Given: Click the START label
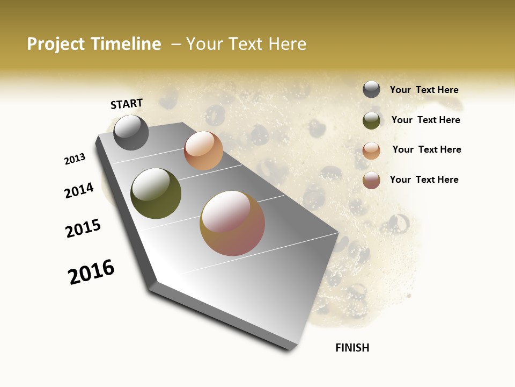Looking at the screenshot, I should [x=127, y=104].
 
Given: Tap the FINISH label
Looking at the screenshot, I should [x=352, y=348].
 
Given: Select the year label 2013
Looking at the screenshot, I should [x=75, y=159].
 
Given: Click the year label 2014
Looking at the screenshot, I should [x=79, y=191].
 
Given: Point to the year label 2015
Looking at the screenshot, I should [x=83, y=229].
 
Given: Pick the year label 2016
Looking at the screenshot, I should [x=91, y=272].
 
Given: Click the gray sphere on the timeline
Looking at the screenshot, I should [x=131, y=132].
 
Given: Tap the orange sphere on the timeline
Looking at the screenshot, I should [x=203, y=150].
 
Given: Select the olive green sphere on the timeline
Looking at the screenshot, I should [x=156, y=193].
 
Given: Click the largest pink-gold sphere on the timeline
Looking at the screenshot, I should [x=232, y=223].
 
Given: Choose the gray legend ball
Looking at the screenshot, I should [x=371, y=89].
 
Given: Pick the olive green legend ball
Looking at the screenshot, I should [x=371, y=120].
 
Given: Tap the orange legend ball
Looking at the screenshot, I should [x=371, y=150].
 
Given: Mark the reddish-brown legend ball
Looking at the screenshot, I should [x=371, y=180].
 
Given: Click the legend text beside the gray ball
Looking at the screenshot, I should [x=424, y=90].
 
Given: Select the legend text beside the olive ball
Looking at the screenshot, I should [x=425, y=120].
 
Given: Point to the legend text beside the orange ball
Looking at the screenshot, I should [x=426, y=149].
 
